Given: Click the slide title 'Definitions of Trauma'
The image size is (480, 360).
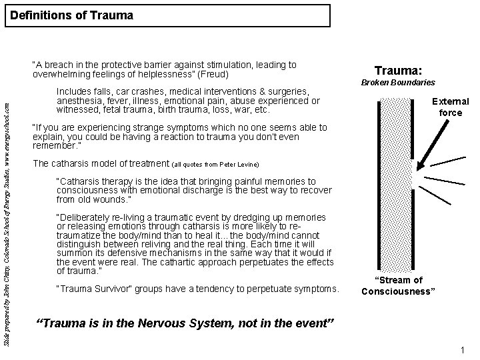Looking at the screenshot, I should pos(72,15).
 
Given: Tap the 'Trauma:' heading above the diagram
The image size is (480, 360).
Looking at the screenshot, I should pos(399,69).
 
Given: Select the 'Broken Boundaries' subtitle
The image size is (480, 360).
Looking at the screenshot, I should pos(398,83).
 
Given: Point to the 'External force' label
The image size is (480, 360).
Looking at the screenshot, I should pos(451,107).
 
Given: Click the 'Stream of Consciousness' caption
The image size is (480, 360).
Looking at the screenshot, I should pos(398,285).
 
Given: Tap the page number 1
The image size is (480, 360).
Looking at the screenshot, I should pos(461,351).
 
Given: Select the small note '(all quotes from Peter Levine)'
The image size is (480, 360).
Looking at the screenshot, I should pos(215,164).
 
